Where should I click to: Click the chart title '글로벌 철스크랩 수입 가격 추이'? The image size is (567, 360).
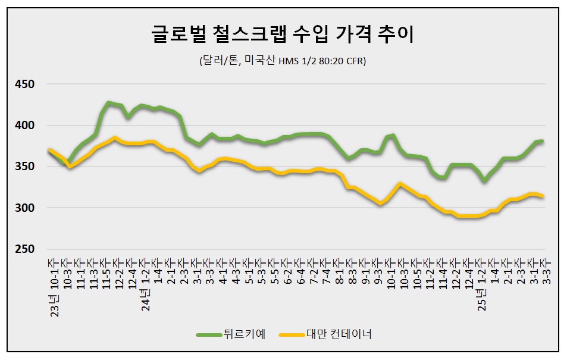(283, 34)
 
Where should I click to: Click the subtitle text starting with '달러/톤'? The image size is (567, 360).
(283, 61)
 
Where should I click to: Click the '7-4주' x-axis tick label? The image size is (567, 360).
(327, 273)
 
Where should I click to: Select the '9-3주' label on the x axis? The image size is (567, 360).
(378, 273)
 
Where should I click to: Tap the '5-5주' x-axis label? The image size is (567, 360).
(275, 273)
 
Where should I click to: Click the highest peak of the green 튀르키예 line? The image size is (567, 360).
(108, 103)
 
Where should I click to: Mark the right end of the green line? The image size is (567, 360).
(542, 141)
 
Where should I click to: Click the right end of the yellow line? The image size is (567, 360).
(542, 196)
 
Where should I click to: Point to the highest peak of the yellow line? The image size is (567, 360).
(114, 137)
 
